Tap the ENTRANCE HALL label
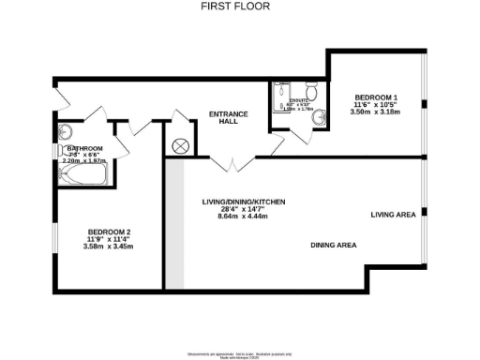click(228, 119)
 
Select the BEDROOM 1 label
click(374, 97)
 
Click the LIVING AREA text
click(393, 215)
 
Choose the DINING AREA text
click(334, 246)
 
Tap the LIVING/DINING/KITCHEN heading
click(243, 202)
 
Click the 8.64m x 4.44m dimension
click(243, 217)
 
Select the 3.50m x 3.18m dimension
click(374, 112)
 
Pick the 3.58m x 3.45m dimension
click(109, 247)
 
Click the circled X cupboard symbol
click(180, 146)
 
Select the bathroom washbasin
click(59, 151)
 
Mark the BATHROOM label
click(83, 148)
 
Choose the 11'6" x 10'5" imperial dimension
click(374, 104)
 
